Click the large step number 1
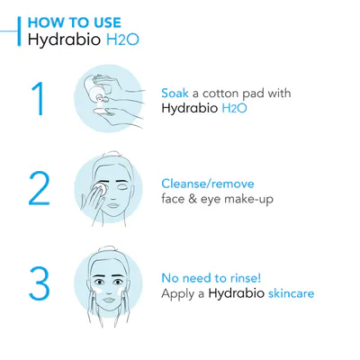coord(39,99)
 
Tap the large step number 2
coord(40,189)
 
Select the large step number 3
coord(40,283)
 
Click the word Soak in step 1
coord(175,93)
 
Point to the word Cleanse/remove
coord(208,184)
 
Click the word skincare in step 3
coord(291,293)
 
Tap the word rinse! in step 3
coord(246,278)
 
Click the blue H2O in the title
coord(122,40)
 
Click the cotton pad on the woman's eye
coord(100,188)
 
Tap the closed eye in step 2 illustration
coord(122,187)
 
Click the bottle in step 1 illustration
coord(96,87)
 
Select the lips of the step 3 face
coord(109,300)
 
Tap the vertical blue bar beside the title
coord(20,31)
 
